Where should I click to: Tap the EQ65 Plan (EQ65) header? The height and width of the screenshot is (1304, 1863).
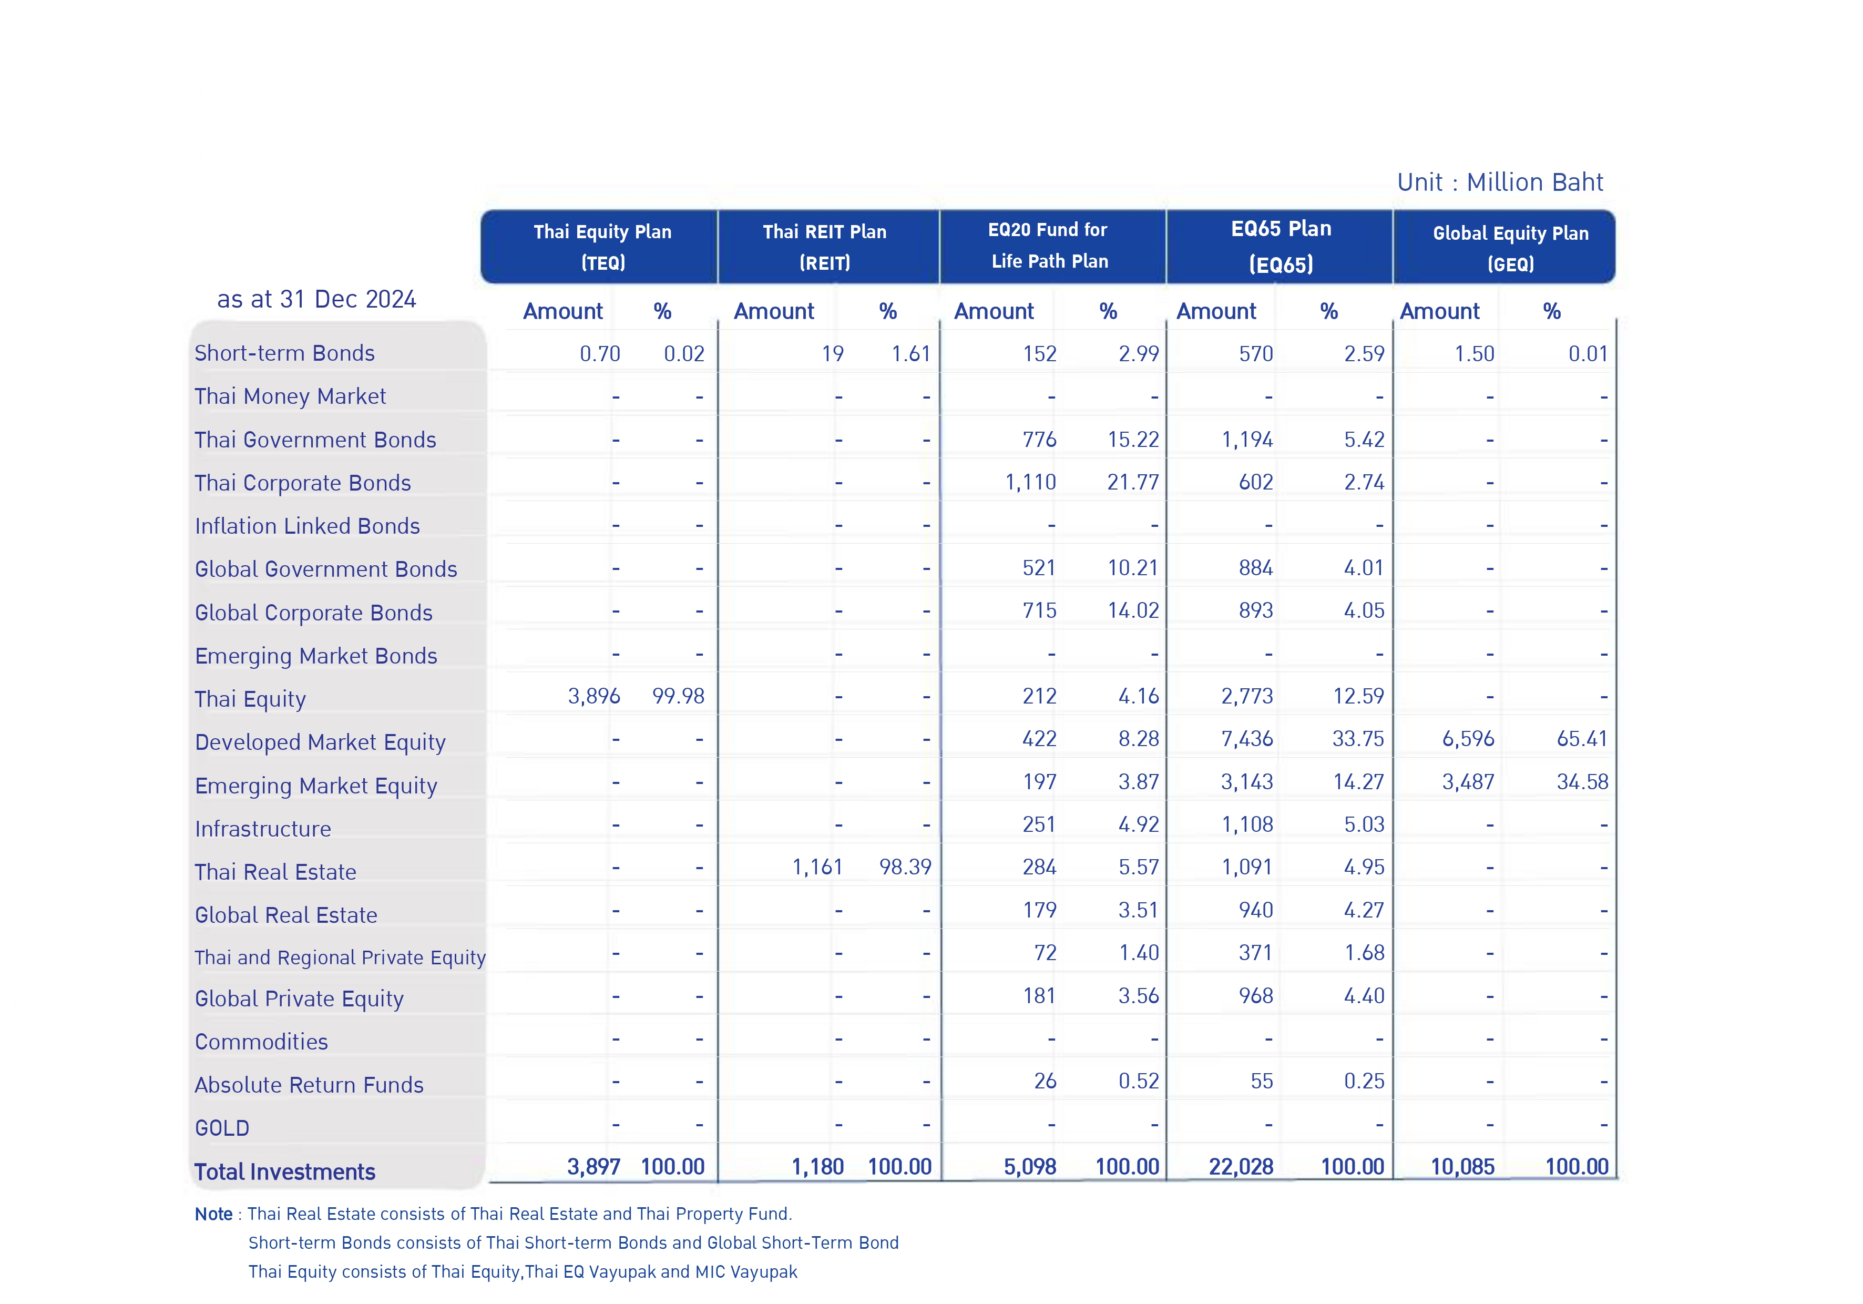click(1281, 246)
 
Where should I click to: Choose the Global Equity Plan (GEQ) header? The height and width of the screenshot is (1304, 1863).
click(1510, 248)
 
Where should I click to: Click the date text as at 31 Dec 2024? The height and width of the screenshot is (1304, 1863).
click(316, 299)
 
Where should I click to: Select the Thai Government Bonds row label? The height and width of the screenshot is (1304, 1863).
click(315, 440)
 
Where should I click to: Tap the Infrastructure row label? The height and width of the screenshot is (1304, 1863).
click(263, 829)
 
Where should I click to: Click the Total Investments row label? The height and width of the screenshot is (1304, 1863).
click(285, 1171)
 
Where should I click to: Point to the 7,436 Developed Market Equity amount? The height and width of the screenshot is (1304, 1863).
click(1246, 738)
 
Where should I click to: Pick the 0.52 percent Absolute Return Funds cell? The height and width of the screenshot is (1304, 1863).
click(1139, 1081)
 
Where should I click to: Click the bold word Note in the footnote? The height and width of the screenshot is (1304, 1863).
click(213, 1214)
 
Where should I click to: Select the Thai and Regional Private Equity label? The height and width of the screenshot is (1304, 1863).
click(340, 957)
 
